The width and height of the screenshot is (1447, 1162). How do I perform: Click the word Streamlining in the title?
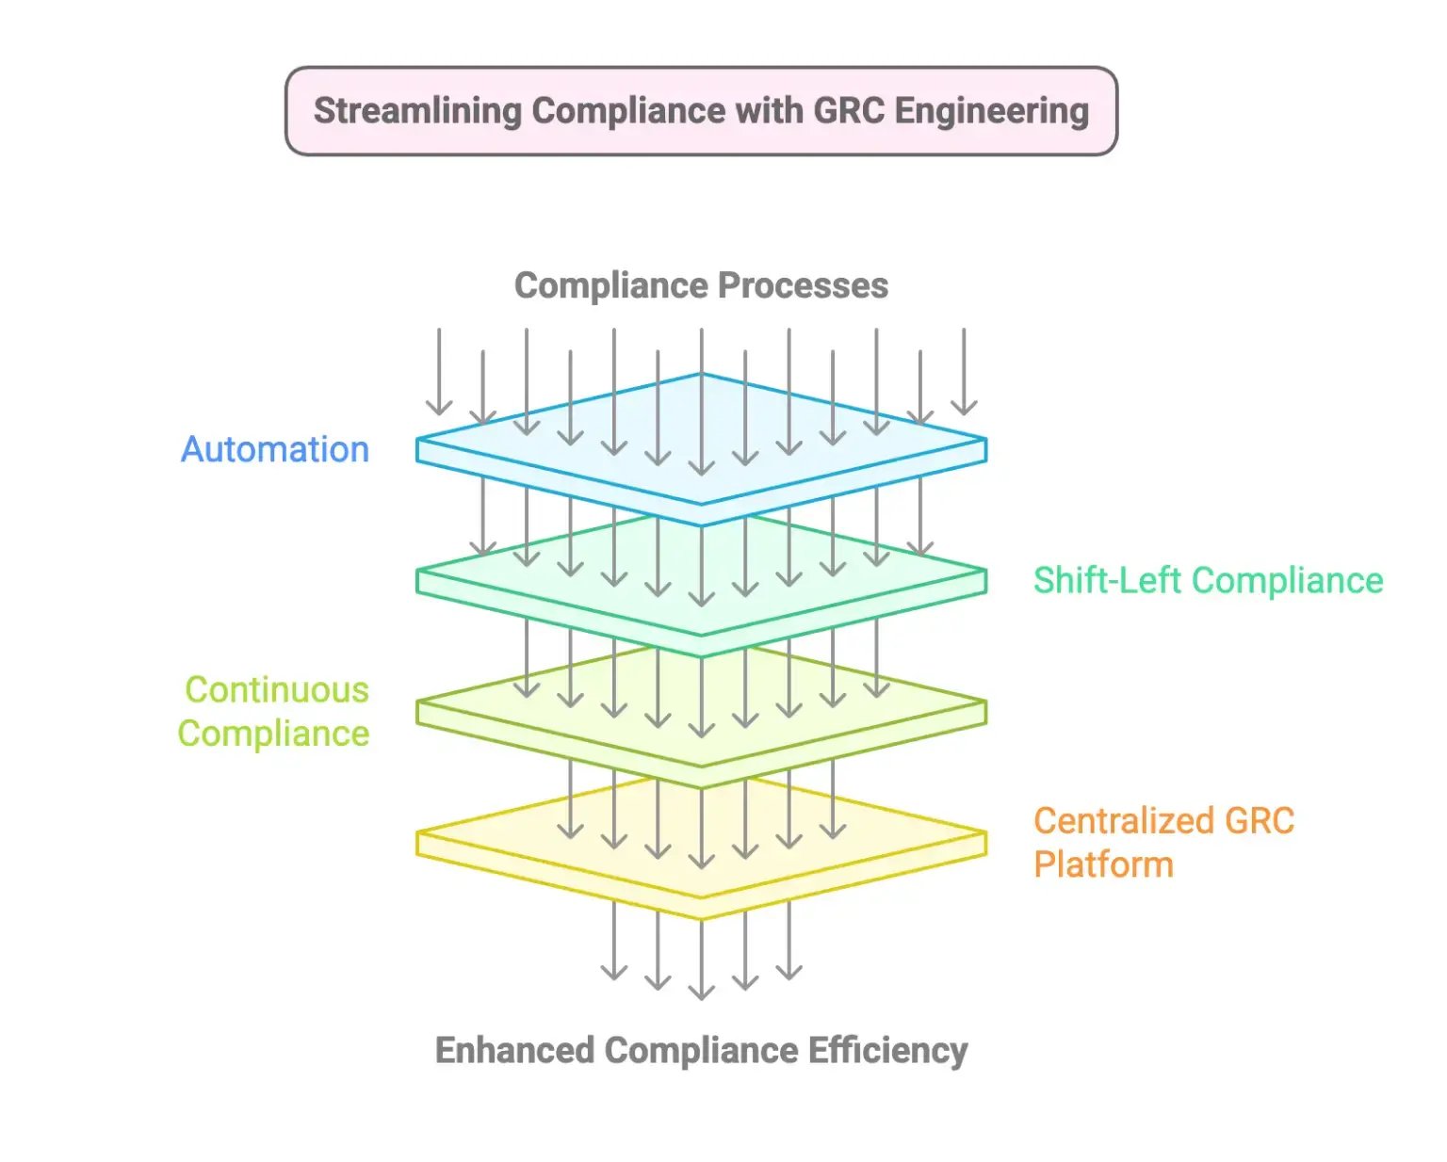tap(417, 111)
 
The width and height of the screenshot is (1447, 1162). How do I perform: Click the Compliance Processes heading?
tap(701, 286)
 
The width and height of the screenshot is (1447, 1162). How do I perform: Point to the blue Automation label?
tap(275, 450)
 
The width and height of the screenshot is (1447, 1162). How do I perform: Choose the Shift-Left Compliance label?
tap(1208, 581)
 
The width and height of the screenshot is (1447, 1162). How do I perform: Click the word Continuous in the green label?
tap(277, 690)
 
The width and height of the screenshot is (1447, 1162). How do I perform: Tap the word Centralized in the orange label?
tap(1122, 821)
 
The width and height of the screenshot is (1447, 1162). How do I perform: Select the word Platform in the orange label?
tap(1103, 864)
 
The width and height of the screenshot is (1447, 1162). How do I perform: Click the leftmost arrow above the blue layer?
tap(439, 372)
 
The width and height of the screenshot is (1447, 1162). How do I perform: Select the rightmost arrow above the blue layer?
tap(964, 372)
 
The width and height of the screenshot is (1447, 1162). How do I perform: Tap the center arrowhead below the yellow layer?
tap(701, 991)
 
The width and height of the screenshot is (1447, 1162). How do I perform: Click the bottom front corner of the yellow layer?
tap(701, 918)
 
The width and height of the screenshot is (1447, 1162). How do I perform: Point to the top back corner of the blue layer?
tap(701, 375)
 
